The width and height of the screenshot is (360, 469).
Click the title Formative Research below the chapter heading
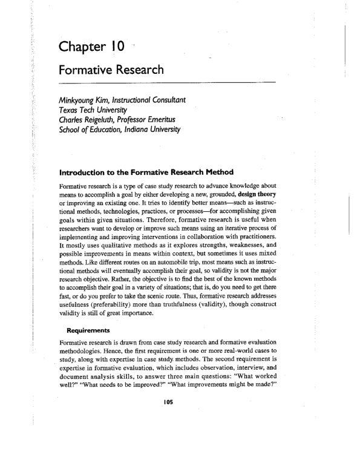(x=111, y=70)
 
